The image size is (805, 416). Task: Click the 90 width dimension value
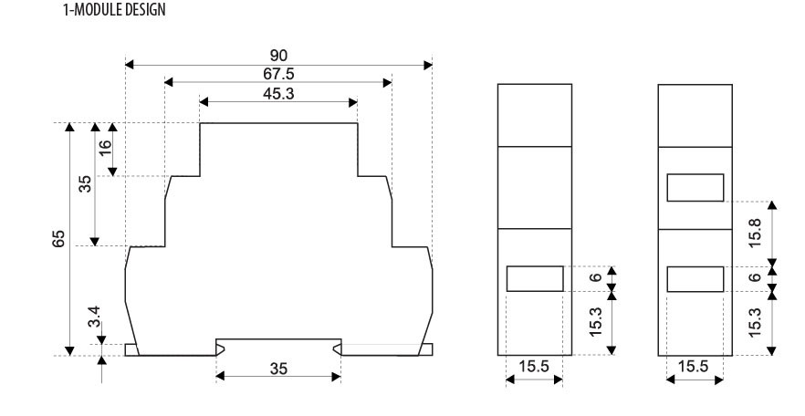pos(278,57)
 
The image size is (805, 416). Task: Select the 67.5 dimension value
pos(278,74)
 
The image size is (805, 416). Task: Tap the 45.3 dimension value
pos(278,93)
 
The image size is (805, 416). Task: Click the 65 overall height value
pos(58,238)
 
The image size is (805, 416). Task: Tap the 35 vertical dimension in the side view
pos(85,184)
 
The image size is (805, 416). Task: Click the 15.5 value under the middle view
pos(534,367)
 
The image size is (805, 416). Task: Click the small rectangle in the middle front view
pos(534,278)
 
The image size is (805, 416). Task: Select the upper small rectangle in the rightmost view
pos(695,188)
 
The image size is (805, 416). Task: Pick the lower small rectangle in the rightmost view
pos(695,278)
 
